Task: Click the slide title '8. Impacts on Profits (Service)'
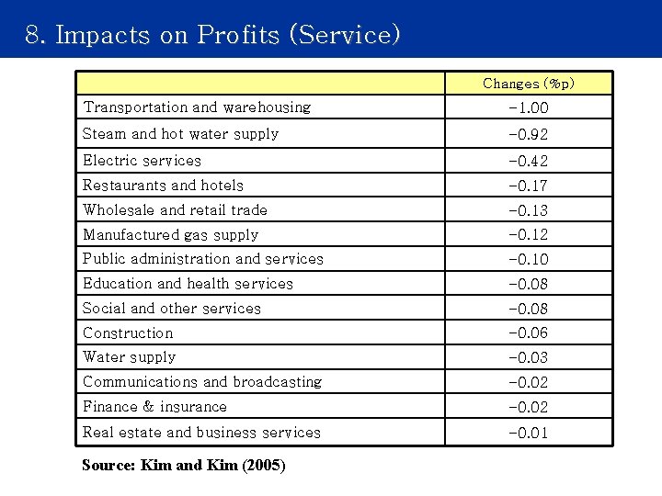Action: pyautogui.click(x=213, y=35)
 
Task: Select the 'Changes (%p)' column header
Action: pyautogui.click(x=529, y=84)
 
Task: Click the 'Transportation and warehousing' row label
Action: pyautogui.click(x=197, y=107)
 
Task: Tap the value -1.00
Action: pyautogui.click(x=528, y=108)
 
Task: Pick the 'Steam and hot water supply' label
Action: pyautogui.click(x=180, y=134)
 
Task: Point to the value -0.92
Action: pyautogui.click(x=528, y=135)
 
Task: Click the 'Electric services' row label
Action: pyautogui.click(x=142, y=161)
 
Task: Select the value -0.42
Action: pyautogui.click(x=528, y=162)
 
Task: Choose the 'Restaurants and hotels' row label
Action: pyautogui.click(x=163, y=186)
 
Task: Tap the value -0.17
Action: pyautogui.click(x=528, y=186)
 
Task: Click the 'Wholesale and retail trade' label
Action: pyautogui.click(x=175, y=210)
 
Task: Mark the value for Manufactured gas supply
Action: pyautogui.click(x=528, y=235)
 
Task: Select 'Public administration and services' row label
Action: pyautogui.click(x=203, y=259)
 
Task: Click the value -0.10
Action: pyautogui.click(x=528, y=260)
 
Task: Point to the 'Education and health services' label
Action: pyautogui.click(x=188, y=284)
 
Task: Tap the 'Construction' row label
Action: pyautogui.click(x=128, y=333)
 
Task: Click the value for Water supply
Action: pyautogui.click(x=528, y=358)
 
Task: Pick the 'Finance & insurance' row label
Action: pyautogui.click(x=154, y=407)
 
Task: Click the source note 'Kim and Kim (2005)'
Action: pyautogui.click(x=184, y=466)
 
